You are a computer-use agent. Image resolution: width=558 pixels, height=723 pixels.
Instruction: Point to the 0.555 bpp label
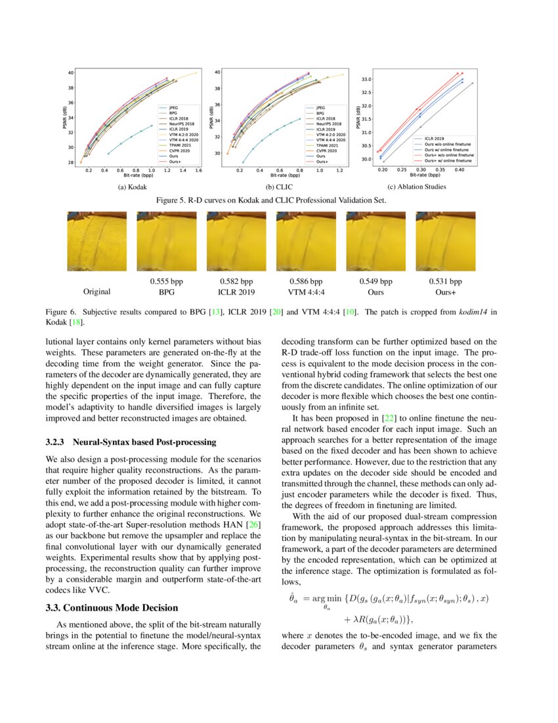click(x=166, y=281)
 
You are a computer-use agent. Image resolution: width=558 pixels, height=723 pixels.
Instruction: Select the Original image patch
click(x=97, y=241)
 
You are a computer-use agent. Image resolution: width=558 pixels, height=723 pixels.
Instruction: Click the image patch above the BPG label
click(x=167, y=241)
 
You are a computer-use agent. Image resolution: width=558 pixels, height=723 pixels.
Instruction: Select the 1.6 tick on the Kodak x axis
click(x=197, y=170)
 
